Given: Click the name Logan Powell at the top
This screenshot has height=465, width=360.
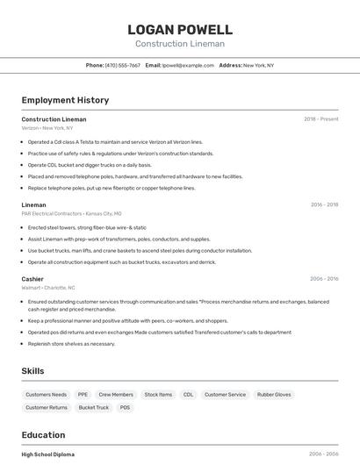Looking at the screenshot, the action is pyautogui.click(x=180, y=30).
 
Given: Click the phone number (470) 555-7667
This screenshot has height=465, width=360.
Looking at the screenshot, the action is pyautogui.click(x=122, y=65).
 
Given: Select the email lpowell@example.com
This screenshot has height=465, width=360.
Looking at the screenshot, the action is pyautogui.click(x=189, y=65).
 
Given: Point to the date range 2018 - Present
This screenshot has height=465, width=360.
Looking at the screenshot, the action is pyautogui.click(x=321, y=118).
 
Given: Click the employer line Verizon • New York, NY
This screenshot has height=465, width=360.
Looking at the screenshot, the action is pyautogui.click(x=47, y=128).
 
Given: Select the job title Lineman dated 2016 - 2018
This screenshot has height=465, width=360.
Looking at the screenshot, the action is pyautogui.click(x=34, y=204).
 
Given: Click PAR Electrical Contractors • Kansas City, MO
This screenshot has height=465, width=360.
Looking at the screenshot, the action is pyautogui.click(x=72, y=213).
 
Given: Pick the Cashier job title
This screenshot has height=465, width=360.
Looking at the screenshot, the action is pyautogui.click(x=32, y=279).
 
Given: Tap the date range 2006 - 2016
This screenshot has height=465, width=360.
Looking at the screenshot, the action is pyautogui.click(x=324, y=279).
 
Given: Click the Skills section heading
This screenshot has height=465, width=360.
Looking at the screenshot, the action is pyautogui.click(x=33, y=371).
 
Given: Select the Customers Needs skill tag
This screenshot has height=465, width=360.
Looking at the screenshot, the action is pyautogui.click(x=47, y=395).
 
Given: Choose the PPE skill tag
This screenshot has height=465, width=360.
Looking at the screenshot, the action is pyautogui.click(x=83, y=395).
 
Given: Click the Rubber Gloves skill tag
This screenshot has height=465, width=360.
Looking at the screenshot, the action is pyautogui.click(x=274, y=395).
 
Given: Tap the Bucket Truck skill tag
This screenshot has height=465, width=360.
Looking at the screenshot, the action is pyautogui.click(x=94, y=407).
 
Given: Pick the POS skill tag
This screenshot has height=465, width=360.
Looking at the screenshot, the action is pyautogui.click(x=125, y=407).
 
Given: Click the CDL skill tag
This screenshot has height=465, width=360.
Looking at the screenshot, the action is pyautogui.click(x=188, y=395).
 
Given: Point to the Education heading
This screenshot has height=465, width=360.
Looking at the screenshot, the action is pyautogui.click(x=43, y=435).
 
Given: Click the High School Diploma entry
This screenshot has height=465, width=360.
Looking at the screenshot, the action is pyautogui.click(x=48, y=454).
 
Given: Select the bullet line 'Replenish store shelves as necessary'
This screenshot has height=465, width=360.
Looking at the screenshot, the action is pyautogui.click(x=71, y=344).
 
